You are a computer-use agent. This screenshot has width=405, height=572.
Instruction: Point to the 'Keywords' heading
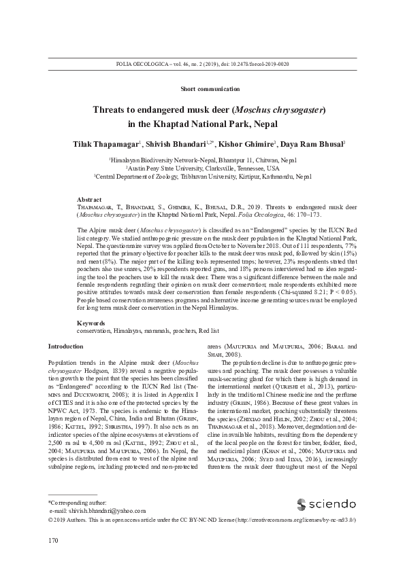91,323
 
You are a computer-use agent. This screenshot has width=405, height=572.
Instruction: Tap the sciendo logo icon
302,523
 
